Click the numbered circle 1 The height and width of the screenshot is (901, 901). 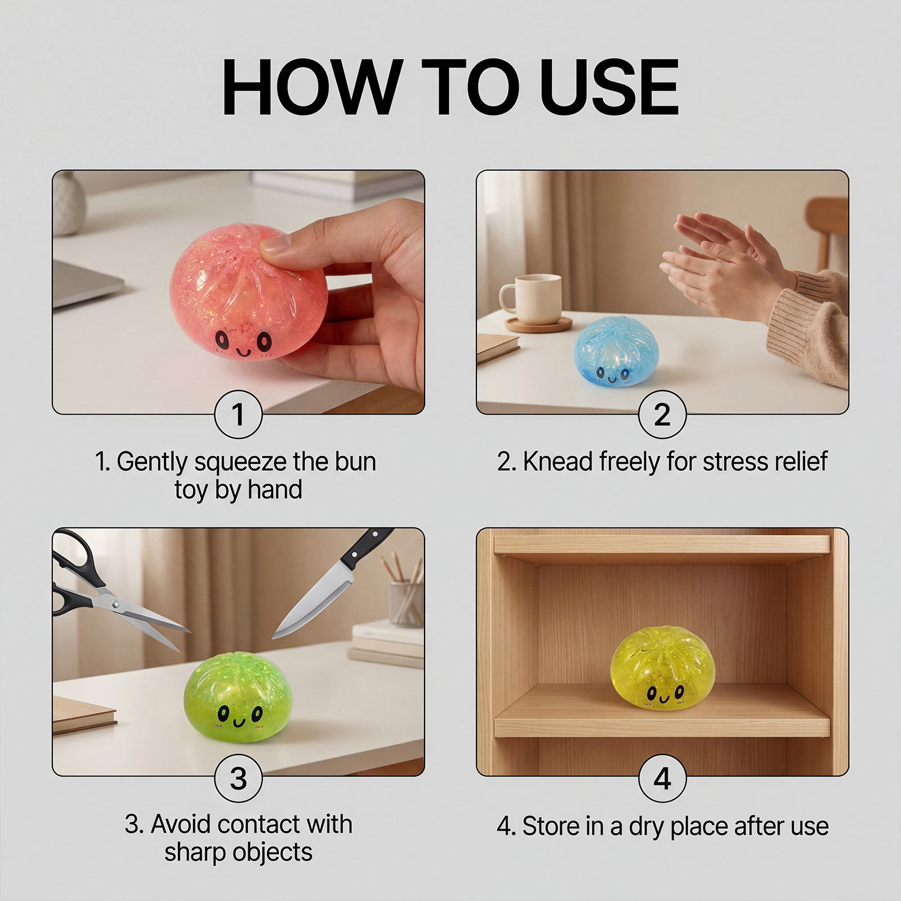(x=238, y=414)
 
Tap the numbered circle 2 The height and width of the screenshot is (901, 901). (x=662, y=414)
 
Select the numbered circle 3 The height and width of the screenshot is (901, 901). (x=238, y=778)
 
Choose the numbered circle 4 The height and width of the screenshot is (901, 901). (x=662, y=778)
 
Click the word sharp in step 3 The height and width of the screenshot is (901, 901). (x=195, y=853)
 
